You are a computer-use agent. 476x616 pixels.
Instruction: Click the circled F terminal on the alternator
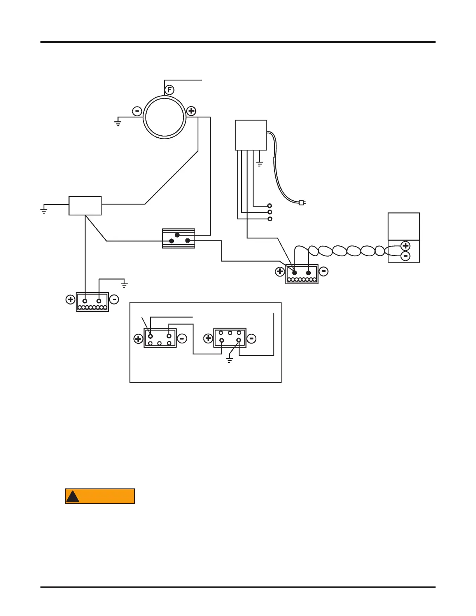[x=169, y=90]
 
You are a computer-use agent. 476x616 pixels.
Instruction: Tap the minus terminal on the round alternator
[x=137, y=111]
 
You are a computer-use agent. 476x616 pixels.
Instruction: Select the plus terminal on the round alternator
[x=191, y=111]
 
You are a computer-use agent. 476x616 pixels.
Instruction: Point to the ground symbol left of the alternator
[x=117, y=123]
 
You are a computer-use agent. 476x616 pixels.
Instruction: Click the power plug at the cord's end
[x=302, y=203]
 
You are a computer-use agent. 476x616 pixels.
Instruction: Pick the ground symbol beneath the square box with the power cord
[x=259, y=164]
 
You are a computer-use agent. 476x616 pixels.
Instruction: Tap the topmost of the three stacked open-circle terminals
[x=269, y=206]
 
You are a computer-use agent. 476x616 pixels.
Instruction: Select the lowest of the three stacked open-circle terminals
[x=270, y=219]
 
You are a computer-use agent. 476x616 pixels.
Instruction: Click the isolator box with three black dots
[x=178, y=238]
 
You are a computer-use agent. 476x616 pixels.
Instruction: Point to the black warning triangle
[x=72, y=497]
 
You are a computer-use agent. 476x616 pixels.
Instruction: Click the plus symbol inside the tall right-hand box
[x=405, y=246]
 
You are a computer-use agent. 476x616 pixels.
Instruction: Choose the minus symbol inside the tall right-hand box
[x=405, y=256]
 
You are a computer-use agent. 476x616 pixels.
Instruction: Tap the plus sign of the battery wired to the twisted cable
[x=280, y=272]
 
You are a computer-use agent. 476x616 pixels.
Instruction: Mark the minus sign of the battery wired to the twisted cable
[x=324, y=271]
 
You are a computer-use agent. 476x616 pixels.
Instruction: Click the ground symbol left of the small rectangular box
[x=44, y=211]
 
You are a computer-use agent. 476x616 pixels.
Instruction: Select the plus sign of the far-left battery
[x=70, y=299]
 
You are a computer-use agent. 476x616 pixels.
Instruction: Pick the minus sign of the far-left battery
[x=114, y=299]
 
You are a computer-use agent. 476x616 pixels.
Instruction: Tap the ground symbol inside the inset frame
[x=229, y=360]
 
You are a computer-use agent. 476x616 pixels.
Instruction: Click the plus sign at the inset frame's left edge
[x=138, y=339]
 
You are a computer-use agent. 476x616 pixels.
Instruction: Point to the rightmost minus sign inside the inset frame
[x=252, y=339]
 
